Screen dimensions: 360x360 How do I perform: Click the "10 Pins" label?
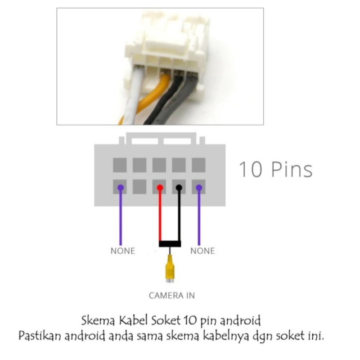point(275,170)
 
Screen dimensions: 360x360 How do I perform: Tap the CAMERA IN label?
point(172,296)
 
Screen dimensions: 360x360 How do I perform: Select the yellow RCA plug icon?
point(170,270)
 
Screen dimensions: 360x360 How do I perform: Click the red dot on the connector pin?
point(159,187)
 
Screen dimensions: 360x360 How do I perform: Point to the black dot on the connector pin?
point(179,187)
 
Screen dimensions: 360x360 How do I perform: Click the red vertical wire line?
point(159,216)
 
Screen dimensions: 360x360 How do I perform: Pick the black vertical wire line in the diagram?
point(179,216)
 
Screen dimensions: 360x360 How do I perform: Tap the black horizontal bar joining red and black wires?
point(170,244)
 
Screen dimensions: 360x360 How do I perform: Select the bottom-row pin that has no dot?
point(139,186)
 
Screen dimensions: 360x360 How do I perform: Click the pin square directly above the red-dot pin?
point(159,165)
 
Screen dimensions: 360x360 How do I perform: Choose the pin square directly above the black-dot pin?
point(179,165)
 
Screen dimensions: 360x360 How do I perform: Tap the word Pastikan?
point(40,336)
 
